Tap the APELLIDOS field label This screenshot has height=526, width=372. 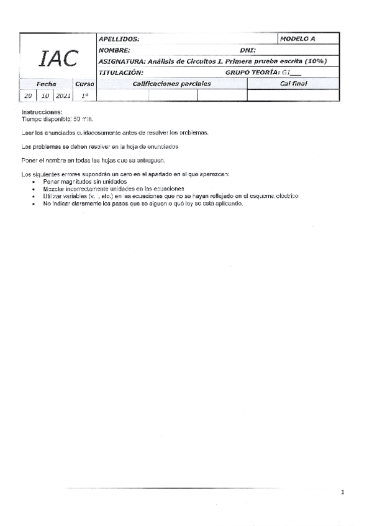119,39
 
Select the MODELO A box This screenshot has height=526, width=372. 298,38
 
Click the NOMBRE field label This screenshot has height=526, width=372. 114,50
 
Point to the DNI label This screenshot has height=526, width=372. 248,50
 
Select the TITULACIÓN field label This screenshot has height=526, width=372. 121,73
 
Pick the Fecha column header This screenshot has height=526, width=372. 47,84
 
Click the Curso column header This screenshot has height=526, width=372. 84,84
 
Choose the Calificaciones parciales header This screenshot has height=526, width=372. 172,84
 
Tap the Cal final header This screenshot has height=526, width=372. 293,84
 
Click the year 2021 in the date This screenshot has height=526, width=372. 63,96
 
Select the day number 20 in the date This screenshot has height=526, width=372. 29,96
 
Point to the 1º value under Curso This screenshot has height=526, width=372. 84,96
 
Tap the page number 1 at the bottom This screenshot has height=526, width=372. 342,493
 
